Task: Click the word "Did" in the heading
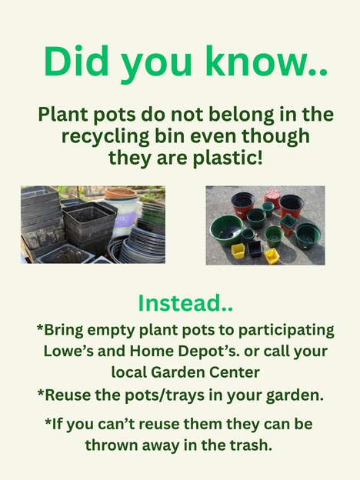[76, 61]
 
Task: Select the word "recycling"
[105, 136]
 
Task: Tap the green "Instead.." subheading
[185, 303]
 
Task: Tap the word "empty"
[112, 331]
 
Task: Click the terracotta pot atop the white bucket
[121, 192]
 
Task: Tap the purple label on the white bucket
[124, 219]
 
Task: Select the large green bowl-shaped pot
[227, 229]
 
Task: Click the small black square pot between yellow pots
[255, 248]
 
